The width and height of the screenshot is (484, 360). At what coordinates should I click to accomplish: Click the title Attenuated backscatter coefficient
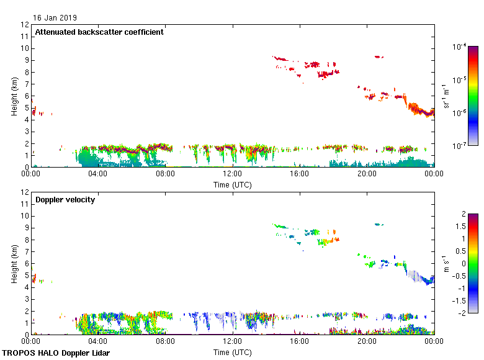coord(99,32)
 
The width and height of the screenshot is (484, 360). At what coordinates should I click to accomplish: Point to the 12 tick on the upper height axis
coord(25,25)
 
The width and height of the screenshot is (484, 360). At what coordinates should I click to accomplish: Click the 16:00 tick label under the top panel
coord(300,174)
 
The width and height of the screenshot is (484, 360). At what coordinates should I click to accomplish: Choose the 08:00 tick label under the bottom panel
coord(166,342)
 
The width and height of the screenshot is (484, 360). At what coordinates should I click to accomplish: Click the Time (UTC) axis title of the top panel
coord(233,184)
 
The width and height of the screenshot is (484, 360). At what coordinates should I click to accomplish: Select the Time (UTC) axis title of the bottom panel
coord(233,353)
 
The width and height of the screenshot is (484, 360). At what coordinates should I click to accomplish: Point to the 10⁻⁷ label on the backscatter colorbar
coord(460,146)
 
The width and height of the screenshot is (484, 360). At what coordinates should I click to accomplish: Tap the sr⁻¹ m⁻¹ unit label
coord(445,96)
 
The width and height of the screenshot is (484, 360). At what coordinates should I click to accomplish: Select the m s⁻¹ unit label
coord(445,263)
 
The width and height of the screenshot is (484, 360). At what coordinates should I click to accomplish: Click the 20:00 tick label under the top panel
coord(367,174)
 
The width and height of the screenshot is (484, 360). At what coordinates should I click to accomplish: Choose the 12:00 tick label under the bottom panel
coord(233,342)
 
